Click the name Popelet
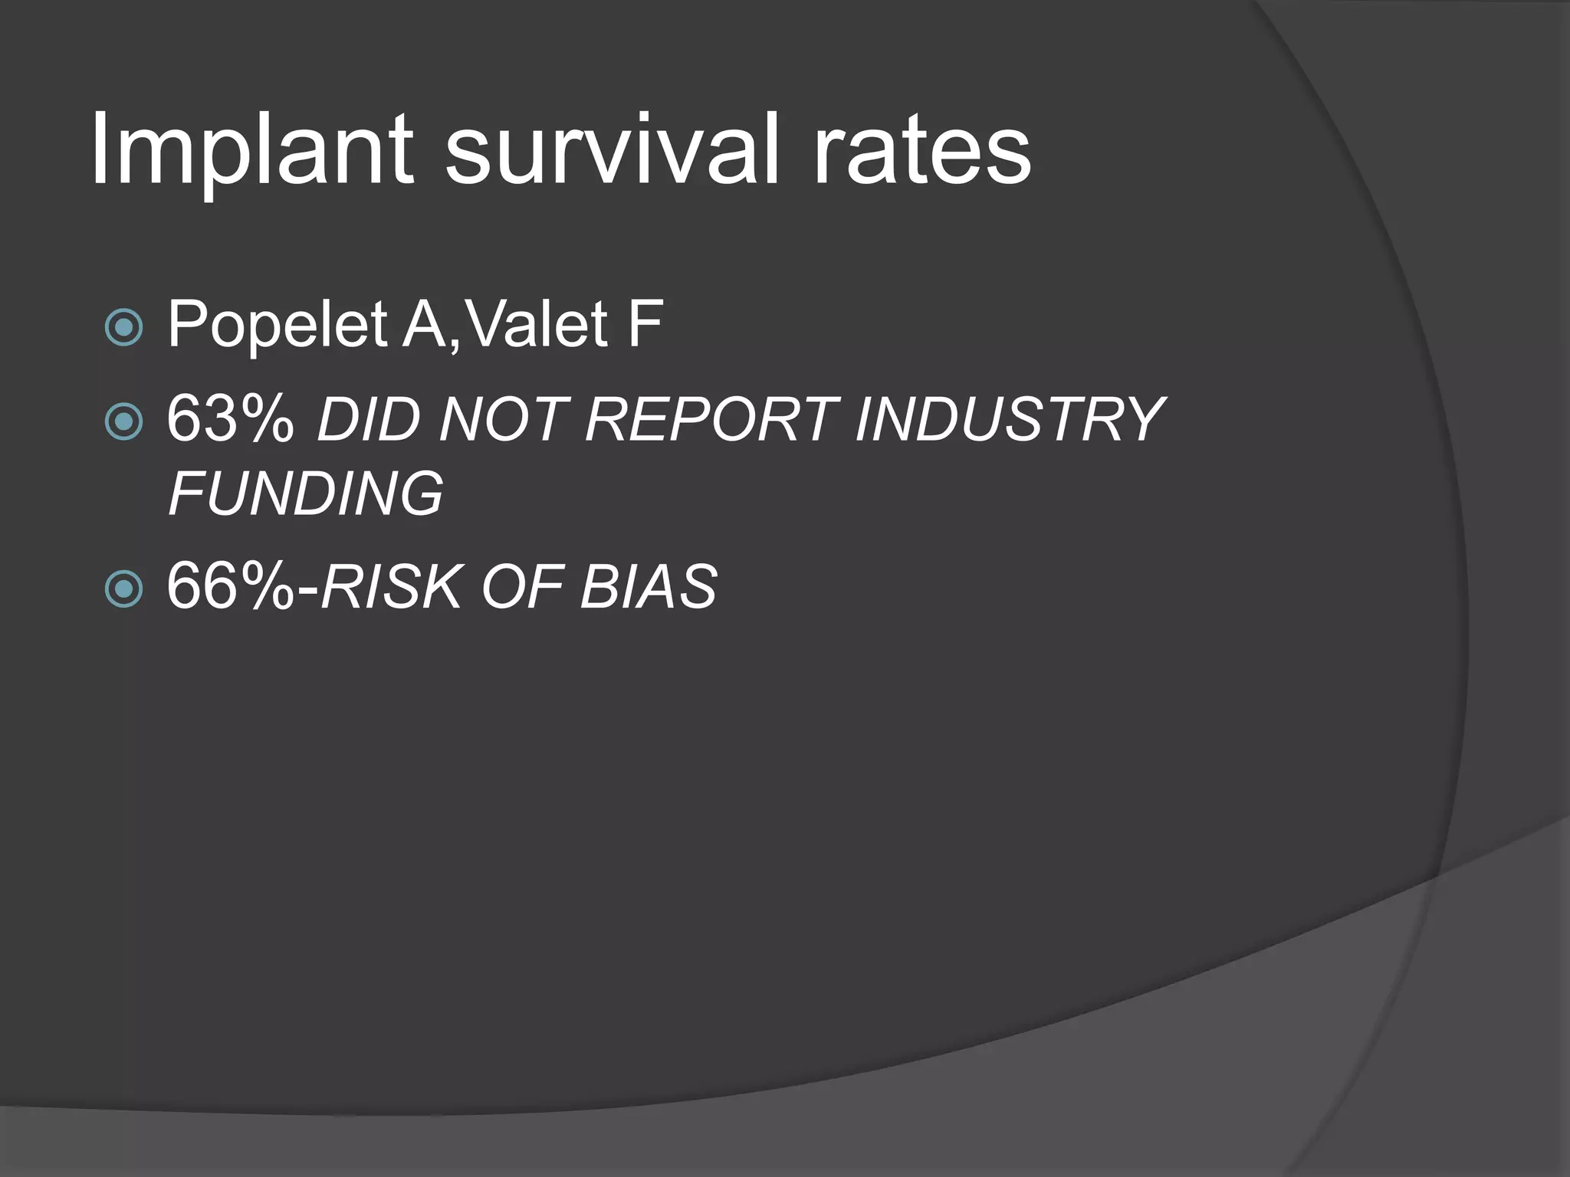click(x=277, y=326)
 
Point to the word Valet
click(x=537, y=324)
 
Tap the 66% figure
click(x=230, y=586)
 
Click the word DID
click(x=368, y=420)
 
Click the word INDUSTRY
click(x=1010, y=420)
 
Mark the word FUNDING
click(x=305, y=493)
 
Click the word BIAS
click(x=649, y=588)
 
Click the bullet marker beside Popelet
click(x=123, y=328)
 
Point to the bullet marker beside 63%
click(x=123, y=421)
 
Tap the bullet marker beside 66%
click(x=123, y=588)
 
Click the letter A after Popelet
click(x=424, y=324)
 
